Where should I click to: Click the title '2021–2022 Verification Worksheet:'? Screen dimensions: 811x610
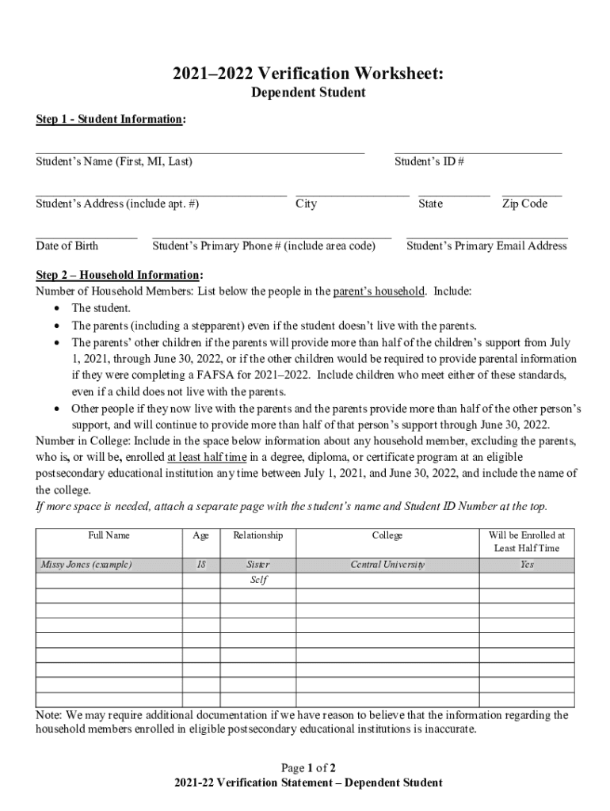click(308, 74)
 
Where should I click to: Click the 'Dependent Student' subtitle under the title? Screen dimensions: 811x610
click(308, 93)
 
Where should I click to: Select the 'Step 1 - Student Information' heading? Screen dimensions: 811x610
click(110, 120)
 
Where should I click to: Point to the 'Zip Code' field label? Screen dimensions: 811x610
click(524, 204)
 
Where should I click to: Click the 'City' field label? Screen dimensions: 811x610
click(306, 204)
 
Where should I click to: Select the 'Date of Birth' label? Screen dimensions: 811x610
click(67, 246)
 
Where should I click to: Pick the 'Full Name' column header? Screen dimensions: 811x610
click(109, 535)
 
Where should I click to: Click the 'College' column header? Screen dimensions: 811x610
click(387, 535)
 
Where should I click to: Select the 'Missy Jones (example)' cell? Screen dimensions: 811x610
click(86, 565)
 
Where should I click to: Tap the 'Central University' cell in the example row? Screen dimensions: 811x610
click(387, 565)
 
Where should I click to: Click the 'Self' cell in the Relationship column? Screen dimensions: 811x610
click(258, 580)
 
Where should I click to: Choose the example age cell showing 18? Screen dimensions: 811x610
click(201, 565)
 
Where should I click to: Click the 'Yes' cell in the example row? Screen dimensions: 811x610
click(527, 565)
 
